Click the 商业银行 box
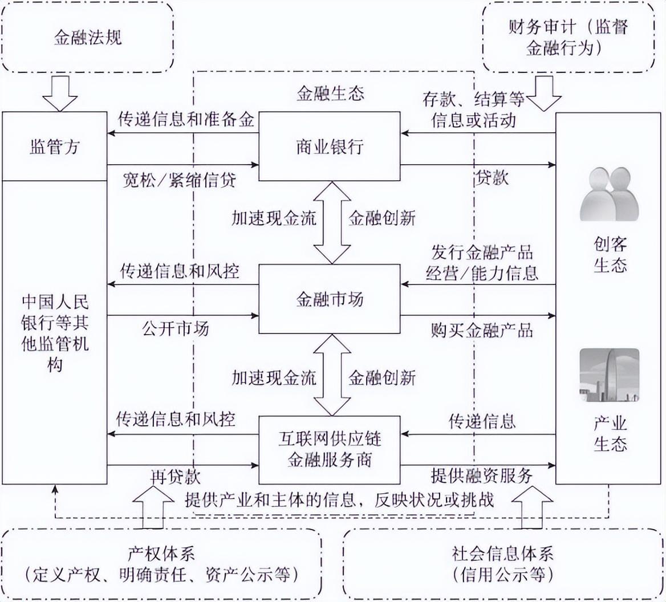click(330, 147)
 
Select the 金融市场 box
click(330, 299)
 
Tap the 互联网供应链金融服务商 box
click(330, 450)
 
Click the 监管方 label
click(54, 147)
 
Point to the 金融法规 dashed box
click(88, 38)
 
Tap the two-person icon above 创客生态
click(609, 194)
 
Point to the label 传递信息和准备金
click(186, 120)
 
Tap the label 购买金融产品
click(482, 330)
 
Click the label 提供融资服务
click(482, 475)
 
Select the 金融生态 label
click(330, 93)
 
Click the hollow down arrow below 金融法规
click(60, 93)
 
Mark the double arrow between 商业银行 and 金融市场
click(333, 222)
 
